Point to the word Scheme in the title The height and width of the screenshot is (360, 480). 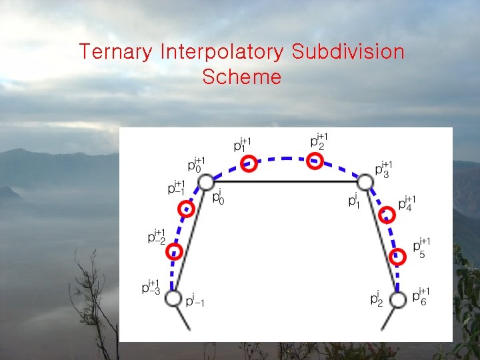[x=241, y=77]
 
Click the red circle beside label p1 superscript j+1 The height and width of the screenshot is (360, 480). [x=249, y=163]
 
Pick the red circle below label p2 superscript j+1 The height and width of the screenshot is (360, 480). [x=315, y=161]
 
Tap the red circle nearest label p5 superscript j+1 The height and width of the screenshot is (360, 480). [x=397, y=257]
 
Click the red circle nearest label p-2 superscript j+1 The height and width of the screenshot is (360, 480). [x=174, y=252]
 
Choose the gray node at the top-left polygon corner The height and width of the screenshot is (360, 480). [x=206, y=182]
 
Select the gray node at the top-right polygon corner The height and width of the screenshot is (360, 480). [x=364, y=182]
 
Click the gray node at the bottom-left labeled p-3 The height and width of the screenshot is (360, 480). [x=173, y=298]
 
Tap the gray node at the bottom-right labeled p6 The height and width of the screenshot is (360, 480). [x=397, y=300]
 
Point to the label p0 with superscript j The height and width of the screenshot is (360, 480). [x=217, y=198]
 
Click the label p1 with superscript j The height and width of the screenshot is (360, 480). [x=353, y=199]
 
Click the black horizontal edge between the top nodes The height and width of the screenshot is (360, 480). [x=285, y=181]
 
